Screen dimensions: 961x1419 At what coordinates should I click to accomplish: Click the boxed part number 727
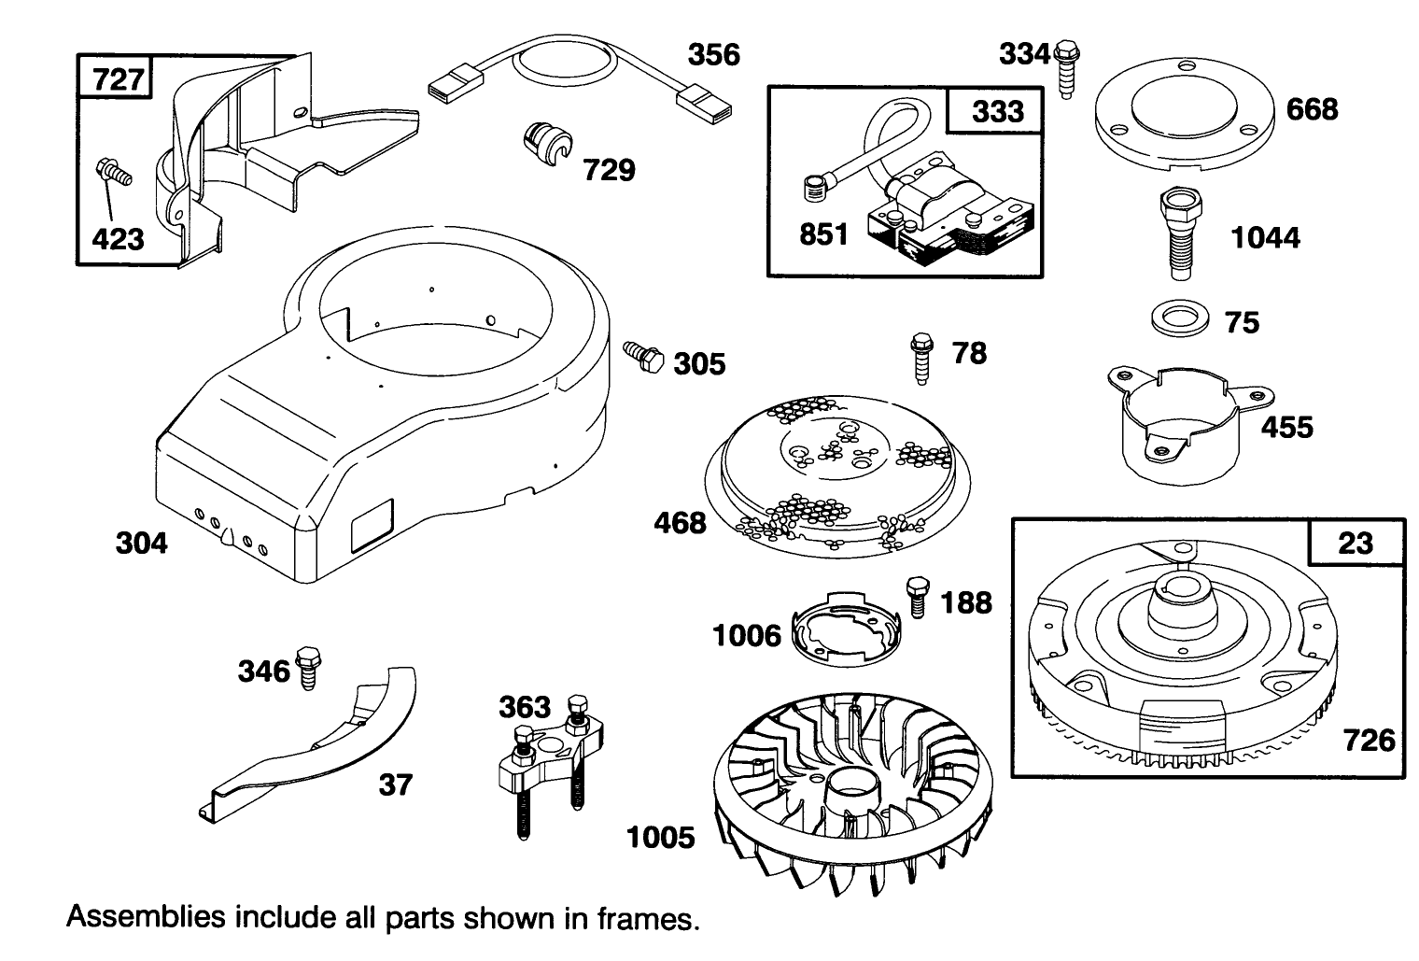119,78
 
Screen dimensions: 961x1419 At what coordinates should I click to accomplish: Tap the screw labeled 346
307,667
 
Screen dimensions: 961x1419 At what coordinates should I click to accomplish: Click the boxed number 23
1355,542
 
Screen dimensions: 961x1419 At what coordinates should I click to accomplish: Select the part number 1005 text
660,837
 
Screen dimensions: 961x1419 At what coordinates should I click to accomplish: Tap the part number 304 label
142,542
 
